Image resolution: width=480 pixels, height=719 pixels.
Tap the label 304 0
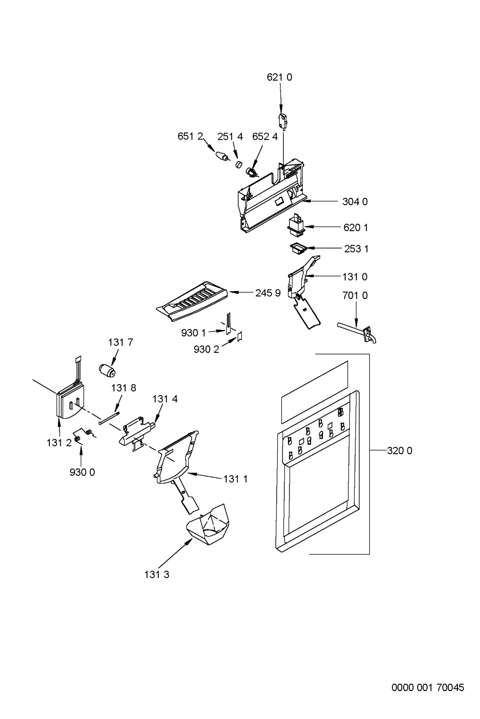[x=355, y=202]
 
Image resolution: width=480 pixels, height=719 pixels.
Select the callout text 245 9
[x=268, y=293]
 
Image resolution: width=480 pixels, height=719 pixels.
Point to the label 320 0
[x=399, y=451]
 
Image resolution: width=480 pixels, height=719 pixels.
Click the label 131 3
[x=157, y=575]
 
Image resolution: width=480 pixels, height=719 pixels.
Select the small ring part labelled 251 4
[x=238, y=165]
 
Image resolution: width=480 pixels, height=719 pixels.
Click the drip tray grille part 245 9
[x=192, y=301]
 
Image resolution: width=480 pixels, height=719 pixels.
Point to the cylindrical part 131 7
[x=107, y=371]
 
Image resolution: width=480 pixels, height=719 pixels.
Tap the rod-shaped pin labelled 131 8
[x=110, y=418]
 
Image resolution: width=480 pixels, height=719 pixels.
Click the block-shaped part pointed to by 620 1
[x=295, y=223]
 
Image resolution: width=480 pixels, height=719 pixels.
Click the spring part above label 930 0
[x=84, y=435]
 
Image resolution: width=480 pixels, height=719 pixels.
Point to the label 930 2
[x=206, y=349]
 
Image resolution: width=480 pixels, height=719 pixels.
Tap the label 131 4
[x=165, y=399]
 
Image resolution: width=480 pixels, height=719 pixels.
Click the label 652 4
[x=265, y=136]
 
